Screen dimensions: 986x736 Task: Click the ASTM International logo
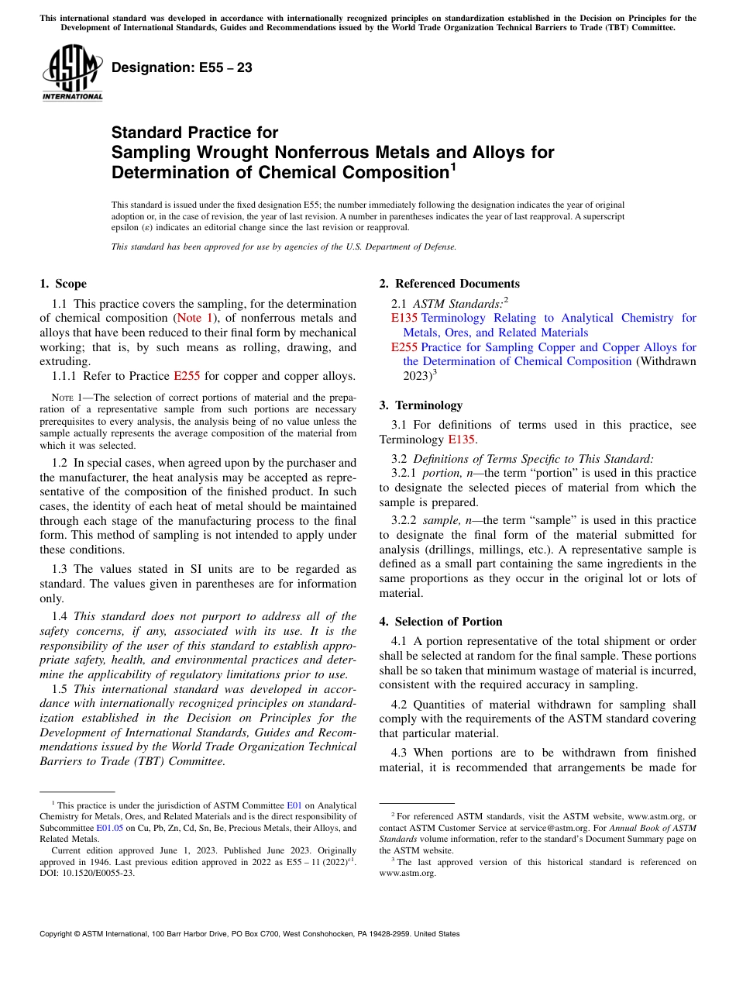[73, 72]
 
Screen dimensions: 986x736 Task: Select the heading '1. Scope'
[63, 284]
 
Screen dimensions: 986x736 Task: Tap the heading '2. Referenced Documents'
[449, 284]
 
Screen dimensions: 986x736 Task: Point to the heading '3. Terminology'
[421, 405]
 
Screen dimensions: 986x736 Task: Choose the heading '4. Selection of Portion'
[441, 622]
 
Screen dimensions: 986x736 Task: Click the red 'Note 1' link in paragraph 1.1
[195, 318]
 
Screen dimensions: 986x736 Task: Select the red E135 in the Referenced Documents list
[404, 318]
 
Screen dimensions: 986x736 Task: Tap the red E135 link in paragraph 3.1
[460, 440]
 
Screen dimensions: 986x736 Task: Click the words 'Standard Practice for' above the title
[194, 133]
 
